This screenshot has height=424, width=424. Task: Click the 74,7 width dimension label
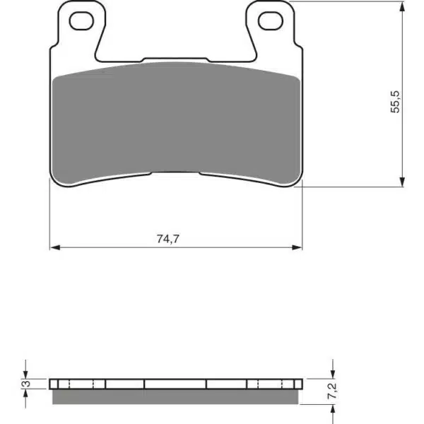tap(167, 239)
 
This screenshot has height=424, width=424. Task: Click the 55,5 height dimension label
tap(395, 102)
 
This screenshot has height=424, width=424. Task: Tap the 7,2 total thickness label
tap(332, 391)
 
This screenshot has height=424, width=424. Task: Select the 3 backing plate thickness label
tap(27, 384)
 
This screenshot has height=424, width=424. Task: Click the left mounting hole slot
tap(81, 20)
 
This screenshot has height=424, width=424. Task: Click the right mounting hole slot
tap(271, 20)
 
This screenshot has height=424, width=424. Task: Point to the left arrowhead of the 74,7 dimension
tap(55, 247)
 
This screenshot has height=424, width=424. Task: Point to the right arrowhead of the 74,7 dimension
tap(297, 247)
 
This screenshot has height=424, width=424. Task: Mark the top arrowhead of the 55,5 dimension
tap(402, 6)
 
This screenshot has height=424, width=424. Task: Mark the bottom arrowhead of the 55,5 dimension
tap(402, 182)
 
